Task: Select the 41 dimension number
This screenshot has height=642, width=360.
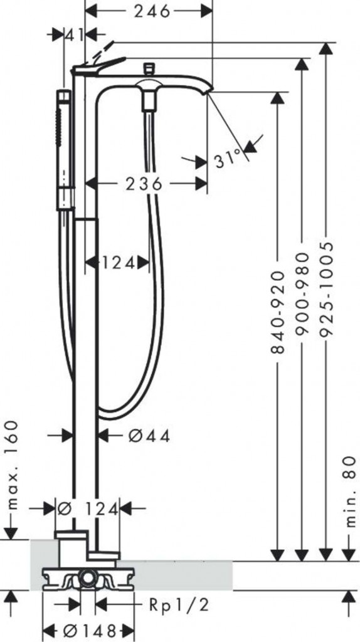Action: [75, 35]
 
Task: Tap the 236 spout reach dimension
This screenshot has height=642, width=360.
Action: [145, 184]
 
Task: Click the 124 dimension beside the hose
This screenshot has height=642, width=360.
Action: [118, 263]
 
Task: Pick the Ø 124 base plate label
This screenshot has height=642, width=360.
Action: [88, 509]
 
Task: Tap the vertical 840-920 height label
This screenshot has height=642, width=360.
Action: [278, 312]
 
